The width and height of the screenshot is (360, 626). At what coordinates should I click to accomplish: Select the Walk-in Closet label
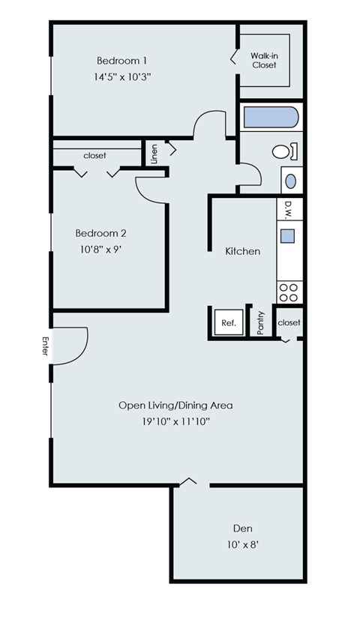point(263,60)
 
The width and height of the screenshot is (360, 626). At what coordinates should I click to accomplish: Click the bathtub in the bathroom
point(271,118)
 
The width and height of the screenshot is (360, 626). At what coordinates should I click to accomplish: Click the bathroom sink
point(291,181)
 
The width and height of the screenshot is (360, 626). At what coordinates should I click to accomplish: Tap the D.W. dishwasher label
point(287,208)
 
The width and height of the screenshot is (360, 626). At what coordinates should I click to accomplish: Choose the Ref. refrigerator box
point(229,323)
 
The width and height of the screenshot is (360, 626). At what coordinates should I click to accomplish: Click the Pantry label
point(261,323)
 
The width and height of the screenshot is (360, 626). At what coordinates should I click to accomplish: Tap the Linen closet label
point(154,153)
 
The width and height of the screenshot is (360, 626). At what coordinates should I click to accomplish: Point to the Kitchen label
point(243,251)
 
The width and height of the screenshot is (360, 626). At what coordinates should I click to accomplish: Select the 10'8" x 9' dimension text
point(100,250)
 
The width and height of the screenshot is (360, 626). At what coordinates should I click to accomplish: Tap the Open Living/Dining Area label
point(175,406)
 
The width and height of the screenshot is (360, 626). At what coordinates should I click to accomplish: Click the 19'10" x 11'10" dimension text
point(175,422)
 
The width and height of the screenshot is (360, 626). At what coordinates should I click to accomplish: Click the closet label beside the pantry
point(289,322)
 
